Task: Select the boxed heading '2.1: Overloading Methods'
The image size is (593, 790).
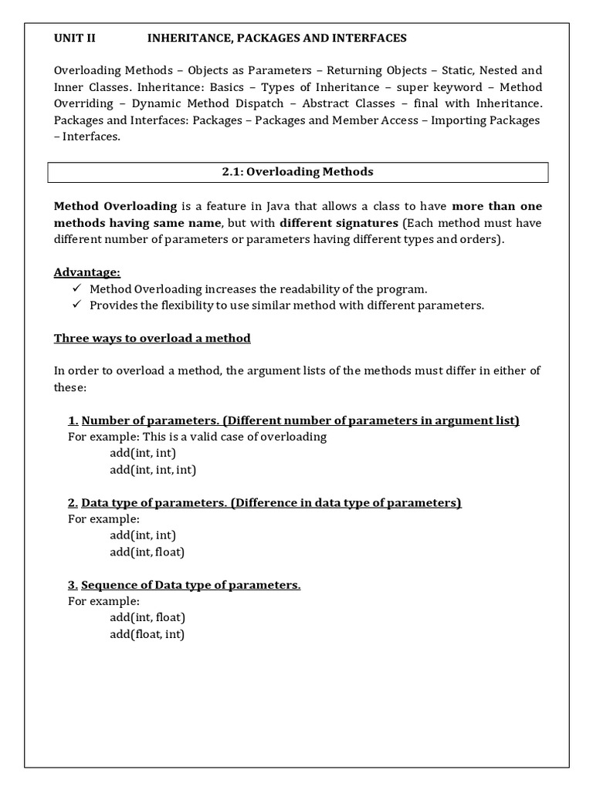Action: click(x=297, y=172)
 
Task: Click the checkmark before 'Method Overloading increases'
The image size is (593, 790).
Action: click(x=76, y=289)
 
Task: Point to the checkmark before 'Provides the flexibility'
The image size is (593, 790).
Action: click(x=76, y=305)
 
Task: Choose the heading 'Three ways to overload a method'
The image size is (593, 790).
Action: click(x=152, y=338)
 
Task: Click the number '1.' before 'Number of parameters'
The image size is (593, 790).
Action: click(x=73, y=420)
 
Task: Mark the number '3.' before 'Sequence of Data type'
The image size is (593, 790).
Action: click(x=73, y=585)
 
